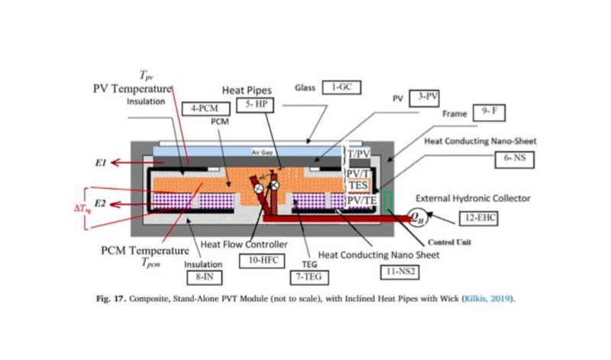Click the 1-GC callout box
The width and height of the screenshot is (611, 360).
[341, 88]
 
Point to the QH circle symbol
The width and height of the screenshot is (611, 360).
[419, 216]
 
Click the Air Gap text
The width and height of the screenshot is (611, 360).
[262, 153]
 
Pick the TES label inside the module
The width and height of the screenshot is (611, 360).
[358, 185]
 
